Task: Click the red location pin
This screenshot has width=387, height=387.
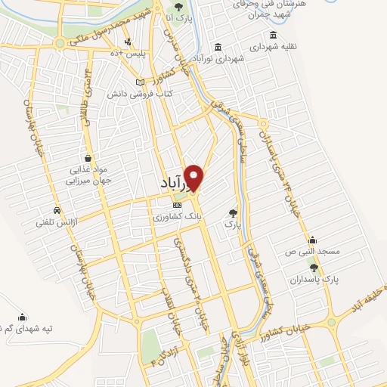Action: coord(195,177)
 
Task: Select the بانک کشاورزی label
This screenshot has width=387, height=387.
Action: coord(177,216)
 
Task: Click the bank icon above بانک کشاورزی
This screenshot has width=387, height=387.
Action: coord(177,205)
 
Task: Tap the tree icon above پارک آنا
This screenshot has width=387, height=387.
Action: coord(178,6)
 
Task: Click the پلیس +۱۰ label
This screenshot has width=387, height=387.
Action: coord(127,53)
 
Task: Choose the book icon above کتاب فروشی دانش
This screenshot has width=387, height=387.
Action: coord(139,82)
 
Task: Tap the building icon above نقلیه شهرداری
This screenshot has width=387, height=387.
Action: coord(272,34)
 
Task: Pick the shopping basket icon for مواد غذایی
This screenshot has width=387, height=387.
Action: coord(89,158)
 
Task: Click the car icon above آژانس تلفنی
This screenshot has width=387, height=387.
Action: coord(57,210)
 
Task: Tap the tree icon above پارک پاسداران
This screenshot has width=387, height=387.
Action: coord(314,268)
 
